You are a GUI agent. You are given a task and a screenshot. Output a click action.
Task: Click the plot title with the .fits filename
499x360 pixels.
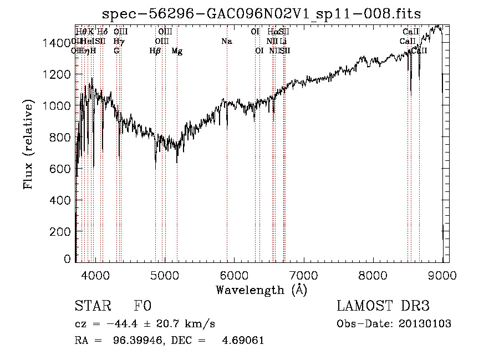pyautogui.click(x=262, y=14)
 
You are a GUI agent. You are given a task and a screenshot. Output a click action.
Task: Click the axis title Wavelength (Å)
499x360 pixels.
pyautogui.click(x=261, y=290)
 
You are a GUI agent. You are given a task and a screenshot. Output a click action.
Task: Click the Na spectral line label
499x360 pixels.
pyautogui.click(x=226, y=42)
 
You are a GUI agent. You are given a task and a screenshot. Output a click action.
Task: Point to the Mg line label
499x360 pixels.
pyautogui.click(x=177, y=51)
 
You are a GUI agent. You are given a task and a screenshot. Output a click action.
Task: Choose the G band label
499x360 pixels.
pyautogui.click(x=116, y=51)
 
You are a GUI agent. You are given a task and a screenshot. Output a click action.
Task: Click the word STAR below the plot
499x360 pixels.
pyautogui.click(x=92, y=306)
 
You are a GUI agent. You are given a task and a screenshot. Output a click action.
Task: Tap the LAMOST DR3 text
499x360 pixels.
pyautogui.click(x=383, y=306)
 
